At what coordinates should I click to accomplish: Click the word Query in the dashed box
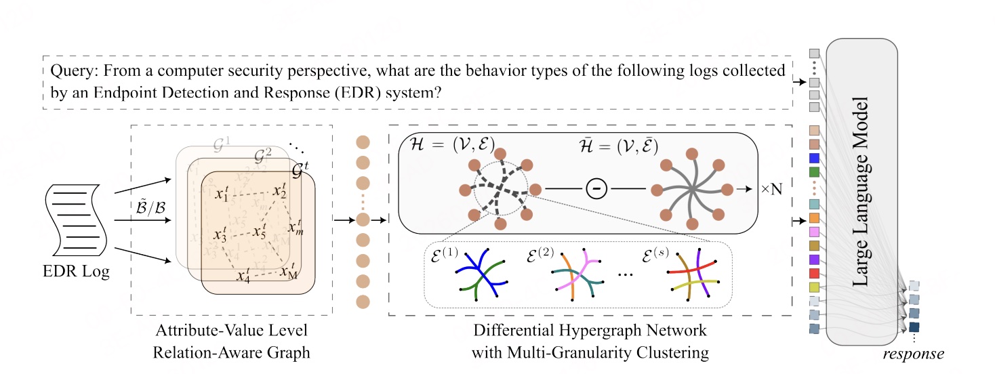click(x=69, y=70)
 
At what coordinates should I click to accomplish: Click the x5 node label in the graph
click(x=260, y=232)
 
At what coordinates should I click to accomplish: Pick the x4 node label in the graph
click(x=242, y=275)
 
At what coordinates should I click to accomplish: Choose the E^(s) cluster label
click(x=657, y=256)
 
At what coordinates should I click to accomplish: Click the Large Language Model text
click(x=862, y=192)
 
